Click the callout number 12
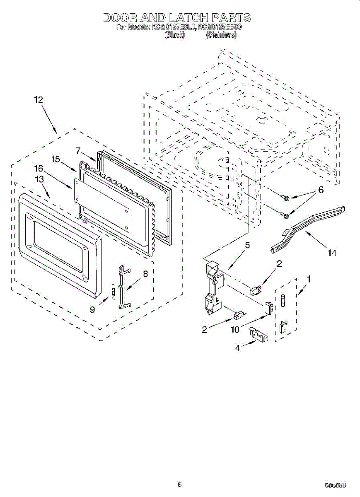39,100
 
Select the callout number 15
56,159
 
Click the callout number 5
247,245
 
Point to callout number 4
237,348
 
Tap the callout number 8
145,273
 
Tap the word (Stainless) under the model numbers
221,35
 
